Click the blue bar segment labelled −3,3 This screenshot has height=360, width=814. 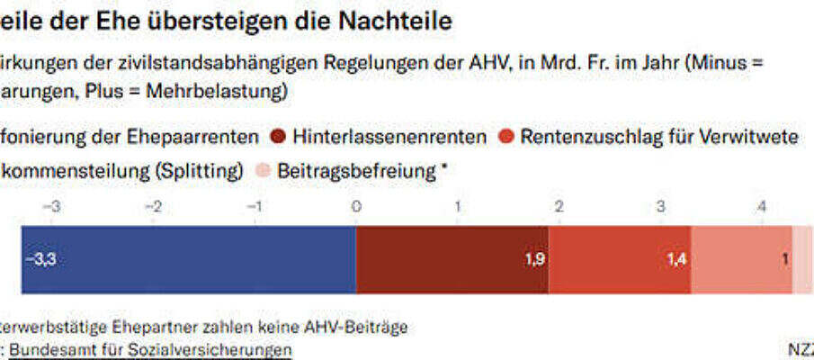tap(189, 259)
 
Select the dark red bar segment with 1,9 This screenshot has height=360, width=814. tap(452, 259)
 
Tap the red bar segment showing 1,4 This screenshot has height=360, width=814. tap(620, 259)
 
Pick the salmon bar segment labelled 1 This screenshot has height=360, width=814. tap(741, 259)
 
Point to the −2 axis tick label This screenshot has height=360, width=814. tap(154, 207)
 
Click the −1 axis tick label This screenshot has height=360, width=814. tap(255, 207)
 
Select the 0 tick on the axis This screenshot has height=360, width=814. tap(356, 207)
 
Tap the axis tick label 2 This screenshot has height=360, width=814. tap(559, 207)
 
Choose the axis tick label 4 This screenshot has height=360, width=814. tap(761, 207)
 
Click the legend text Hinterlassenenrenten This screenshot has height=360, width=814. tap(389, 138)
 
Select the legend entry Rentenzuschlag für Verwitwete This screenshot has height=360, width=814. tap(659, 138)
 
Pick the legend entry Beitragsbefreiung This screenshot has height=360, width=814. tap(357, 171)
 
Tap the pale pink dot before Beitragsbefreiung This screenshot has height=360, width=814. tap(263, 171)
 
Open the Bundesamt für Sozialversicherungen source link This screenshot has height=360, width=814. tap(150, 349)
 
